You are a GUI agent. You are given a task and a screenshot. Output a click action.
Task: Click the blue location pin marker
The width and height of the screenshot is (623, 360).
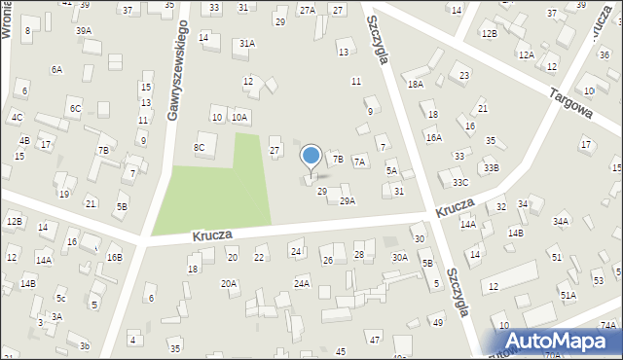click(x=311, y=158)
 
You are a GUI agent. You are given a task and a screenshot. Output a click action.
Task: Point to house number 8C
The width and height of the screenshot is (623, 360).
click(x=200, y=148)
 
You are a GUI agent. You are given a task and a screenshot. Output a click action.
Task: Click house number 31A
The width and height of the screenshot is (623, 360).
click(x=247, y=43)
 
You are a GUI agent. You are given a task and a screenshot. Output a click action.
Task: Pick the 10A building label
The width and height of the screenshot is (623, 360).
click(x=239, y=117)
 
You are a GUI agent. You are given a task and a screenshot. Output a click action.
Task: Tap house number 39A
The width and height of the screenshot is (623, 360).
click(x=84, y=31)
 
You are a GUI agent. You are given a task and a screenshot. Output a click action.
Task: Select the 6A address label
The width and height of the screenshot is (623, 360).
click(x=56, y=69)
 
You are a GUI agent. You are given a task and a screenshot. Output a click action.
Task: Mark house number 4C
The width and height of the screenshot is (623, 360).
click(x=17, y=117)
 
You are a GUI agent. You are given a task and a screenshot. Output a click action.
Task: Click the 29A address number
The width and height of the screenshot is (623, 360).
click(x=347, y=200)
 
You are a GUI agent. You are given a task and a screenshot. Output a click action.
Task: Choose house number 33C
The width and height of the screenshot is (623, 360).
click(x=459, y=182)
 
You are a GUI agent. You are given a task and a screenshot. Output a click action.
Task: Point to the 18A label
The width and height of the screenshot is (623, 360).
click(x=416, y=85)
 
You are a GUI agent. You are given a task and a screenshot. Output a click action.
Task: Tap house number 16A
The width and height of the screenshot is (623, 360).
click(x=433, y=138)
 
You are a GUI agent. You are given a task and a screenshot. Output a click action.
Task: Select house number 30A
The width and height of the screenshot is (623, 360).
click(x=399, y=257)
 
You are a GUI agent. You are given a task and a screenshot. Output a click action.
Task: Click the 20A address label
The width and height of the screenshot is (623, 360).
click(x=229, y=283)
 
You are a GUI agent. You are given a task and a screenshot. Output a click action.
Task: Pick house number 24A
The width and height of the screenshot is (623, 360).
click(x=303, y=283)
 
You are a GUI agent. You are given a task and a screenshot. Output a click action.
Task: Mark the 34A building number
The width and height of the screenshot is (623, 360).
click(x=561, y=221)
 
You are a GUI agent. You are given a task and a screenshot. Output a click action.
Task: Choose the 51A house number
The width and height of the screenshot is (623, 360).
click(x=568, y=294)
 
